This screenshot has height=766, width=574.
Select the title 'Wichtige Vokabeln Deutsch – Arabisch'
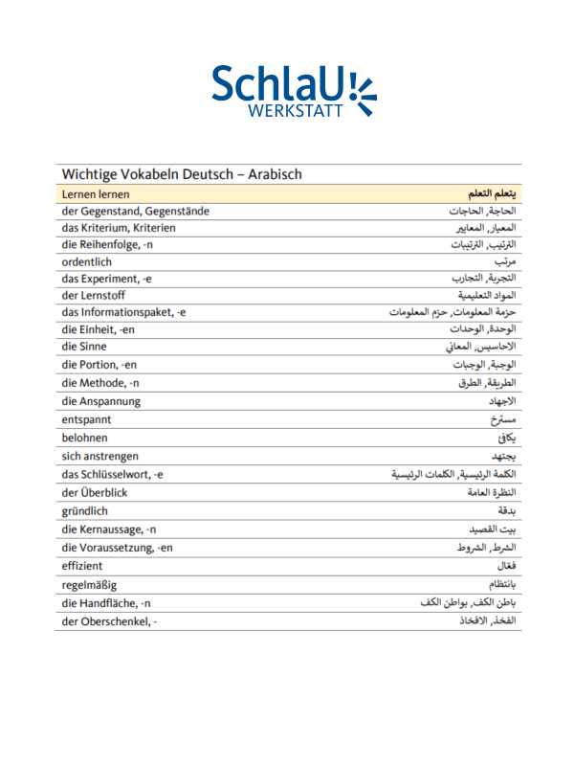[x=182, y=174]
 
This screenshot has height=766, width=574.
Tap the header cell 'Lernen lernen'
[x=96, y=193]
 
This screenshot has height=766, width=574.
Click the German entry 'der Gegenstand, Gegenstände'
[x=135, y=211]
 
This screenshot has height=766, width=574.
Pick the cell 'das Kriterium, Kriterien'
[x=119, y=228]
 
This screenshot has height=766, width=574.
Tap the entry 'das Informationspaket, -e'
[x=123, y=312]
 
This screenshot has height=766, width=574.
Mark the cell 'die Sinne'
[x=84, y=347]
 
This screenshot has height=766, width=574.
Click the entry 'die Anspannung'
[x=101, y=401]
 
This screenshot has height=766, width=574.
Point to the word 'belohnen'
[x=85, y=437]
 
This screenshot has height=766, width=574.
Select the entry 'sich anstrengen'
[x=100, y=456]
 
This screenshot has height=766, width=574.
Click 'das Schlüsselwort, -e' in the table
[x=113, y=474]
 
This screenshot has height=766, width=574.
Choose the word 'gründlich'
[x=85, y=511]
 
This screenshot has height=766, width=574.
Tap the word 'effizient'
[x=82, y=566]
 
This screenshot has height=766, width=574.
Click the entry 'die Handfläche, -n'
[x=106, y=603]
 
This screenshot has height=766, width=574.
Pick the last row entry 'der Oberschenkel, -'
[x=109, y=621]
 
